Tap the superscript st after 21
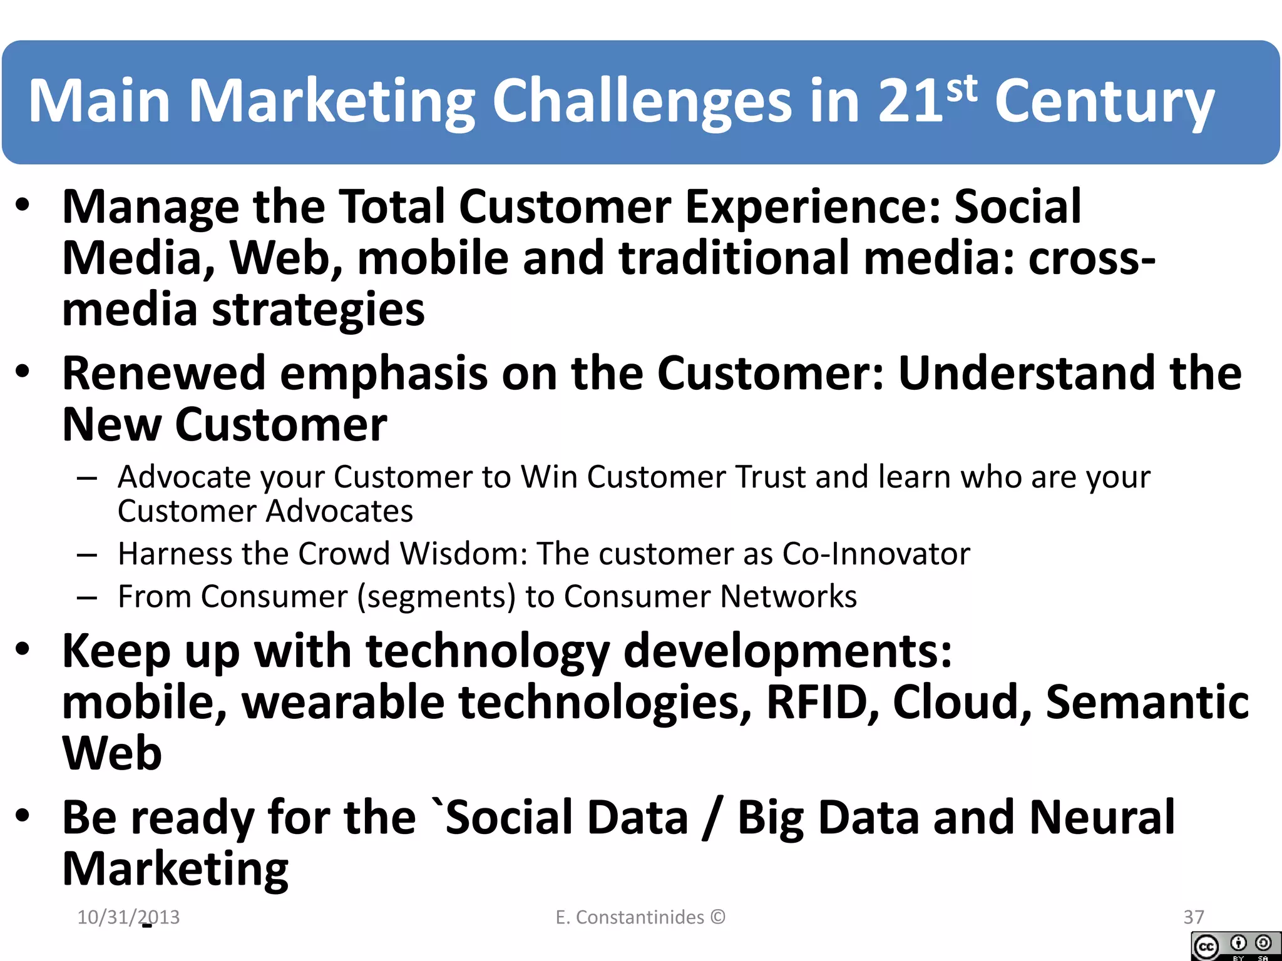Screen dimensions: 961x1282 pos(961,89)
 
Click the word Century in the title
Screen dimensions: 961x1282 pos(1104,102)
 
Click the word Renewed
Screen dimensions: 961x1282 pos(164,374)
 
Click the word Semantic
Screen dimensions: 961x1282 pos(1147,702)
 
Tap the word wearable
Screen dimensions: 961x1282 pos(343,702)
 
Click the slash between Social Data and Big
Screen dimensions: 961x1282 pos(712,818)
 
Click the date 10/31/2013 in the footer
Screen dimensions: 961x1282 pos(128,917)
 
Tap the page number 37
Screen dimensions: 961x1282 pos(1193,917)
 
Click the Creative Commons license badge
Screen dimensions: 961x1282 pos(1236,946)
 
